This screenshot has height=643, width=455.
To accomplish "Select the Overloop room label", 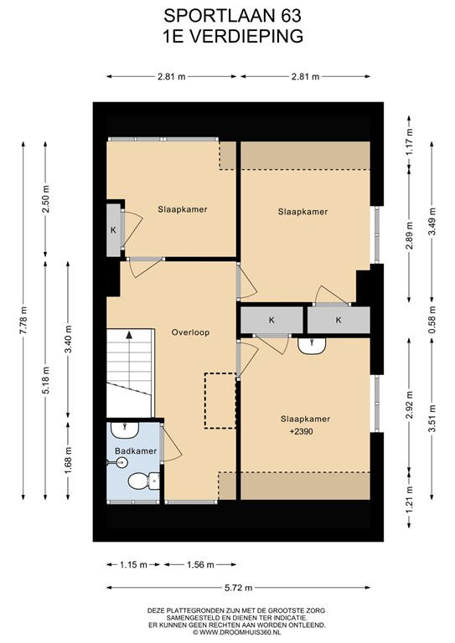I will [191, 332].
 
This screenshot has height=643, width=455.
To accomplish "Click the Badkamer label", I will [135, 451].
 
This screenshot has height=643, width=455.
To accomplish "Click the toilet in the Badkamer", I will [140, 481].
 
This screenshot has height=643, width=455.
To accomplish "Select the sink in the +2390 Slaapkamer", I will [311, 345].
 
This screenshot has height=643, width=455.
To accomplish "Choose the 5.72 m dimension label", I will [239, 587].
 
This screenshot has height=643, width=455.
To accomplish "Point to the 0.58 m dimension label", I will [432, 319].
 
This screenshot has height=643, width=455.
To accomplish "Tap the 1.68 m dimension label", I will [70, 460].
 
